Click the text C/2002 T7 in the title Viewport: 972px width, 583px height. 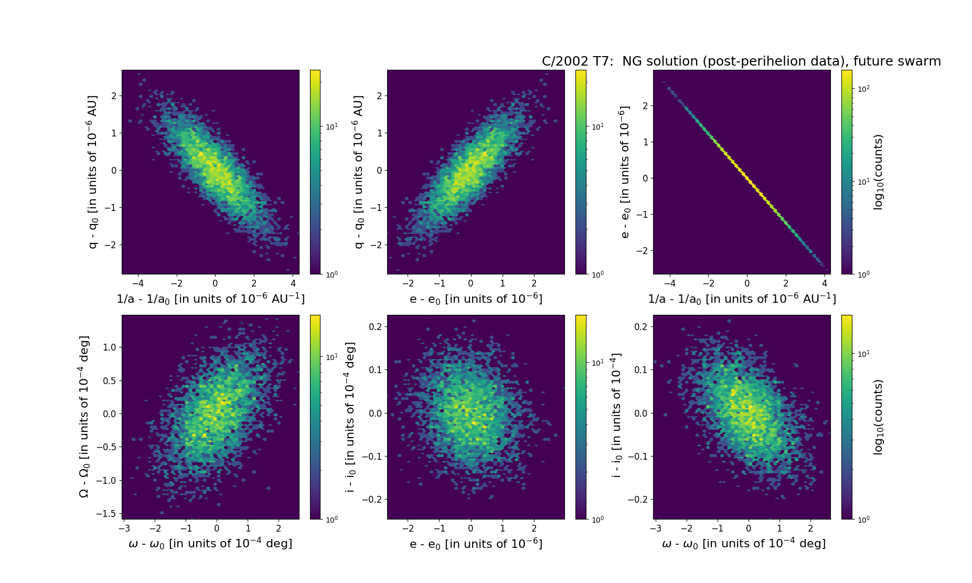(577, 61)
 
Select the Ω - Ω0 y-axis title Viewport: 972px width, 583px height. (84, 417)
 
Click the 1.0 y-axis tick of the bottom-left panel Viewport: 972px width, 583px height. (110, 347)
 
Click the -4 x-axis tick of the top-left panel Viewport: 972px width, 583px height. (138, 283)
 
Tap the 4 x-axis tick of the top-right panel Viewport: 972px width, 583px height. (825, 283)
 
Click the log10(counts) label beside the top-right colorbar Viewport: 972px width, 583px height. (878, 172)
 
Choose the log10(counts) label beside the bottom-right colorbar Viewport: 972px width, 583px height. (878, 417)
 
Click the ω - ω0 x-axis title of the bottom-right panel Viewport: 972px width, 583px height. (744, 544)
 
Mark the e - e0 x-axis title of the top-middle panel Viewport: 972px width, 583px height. (476, 299)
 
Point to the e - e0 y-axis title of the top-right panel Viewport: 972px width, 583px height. (624, 172)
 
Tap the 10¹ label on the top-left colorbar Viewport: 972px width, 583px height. (332, 126)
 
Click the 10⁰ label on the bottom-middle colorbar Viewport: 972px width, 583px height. (597, 519)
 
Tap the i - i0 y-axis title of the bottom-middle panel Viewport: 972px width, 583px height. (350, 417)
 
